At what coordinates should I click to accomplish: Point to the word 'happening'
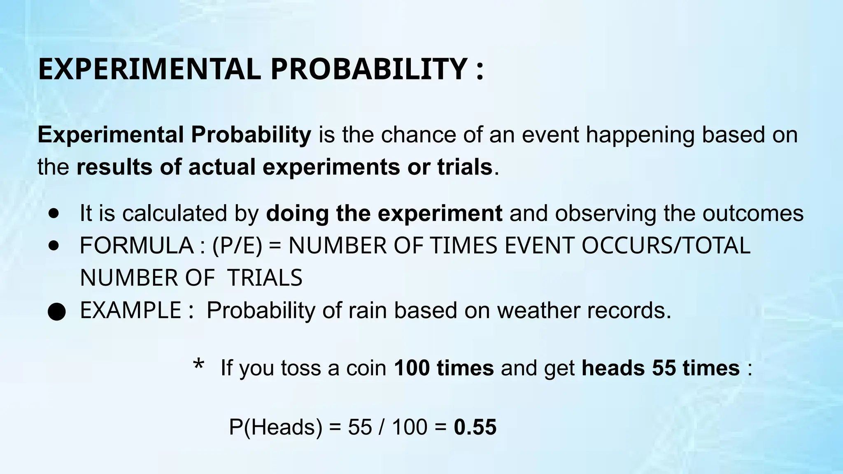coord(640,135)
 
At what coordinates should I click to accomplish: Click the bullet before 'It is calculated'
coord(54,214)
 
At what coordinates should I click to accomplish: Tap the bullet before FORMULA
coord(54,246)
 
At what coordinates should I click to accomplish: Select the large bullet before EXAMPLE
coord(56,312)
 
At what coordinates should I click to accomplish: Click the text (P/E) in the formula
coord(237,246)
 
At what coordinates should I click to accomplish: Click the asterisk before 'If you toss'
coord(198,365)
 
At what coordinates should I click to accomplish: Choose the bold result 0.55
coord(475,427)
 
